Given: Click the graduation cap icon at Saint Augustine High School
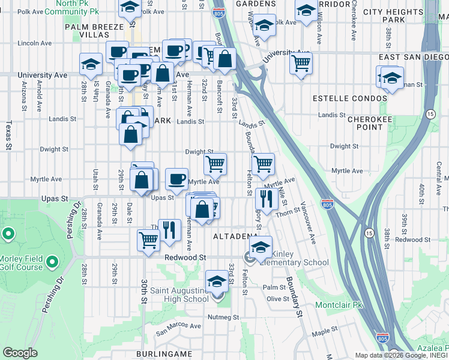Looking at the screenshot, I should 217,281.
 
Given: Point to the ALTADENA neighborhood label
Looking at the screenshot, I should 236,237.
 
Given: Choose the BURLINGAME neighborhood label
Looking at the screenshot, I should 172,354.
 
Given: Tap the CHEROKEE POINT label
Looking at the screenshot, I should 370,123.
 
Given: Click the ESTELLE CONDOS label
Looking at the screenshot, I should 350,98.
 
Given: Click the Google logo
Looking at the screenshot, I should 20,353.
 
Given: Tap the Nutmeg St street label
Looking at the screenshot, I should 223,317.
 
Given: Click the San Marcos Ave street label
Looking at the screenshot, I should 178,327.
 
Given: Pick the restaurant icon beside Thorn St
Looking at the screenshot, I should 265,199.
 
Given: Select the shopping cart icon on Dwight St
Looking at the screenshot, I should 215,163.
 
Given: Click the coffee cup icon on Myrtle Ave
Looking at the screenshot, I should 176,178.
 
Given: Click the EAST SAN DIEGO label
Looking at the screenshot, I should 414,57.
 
